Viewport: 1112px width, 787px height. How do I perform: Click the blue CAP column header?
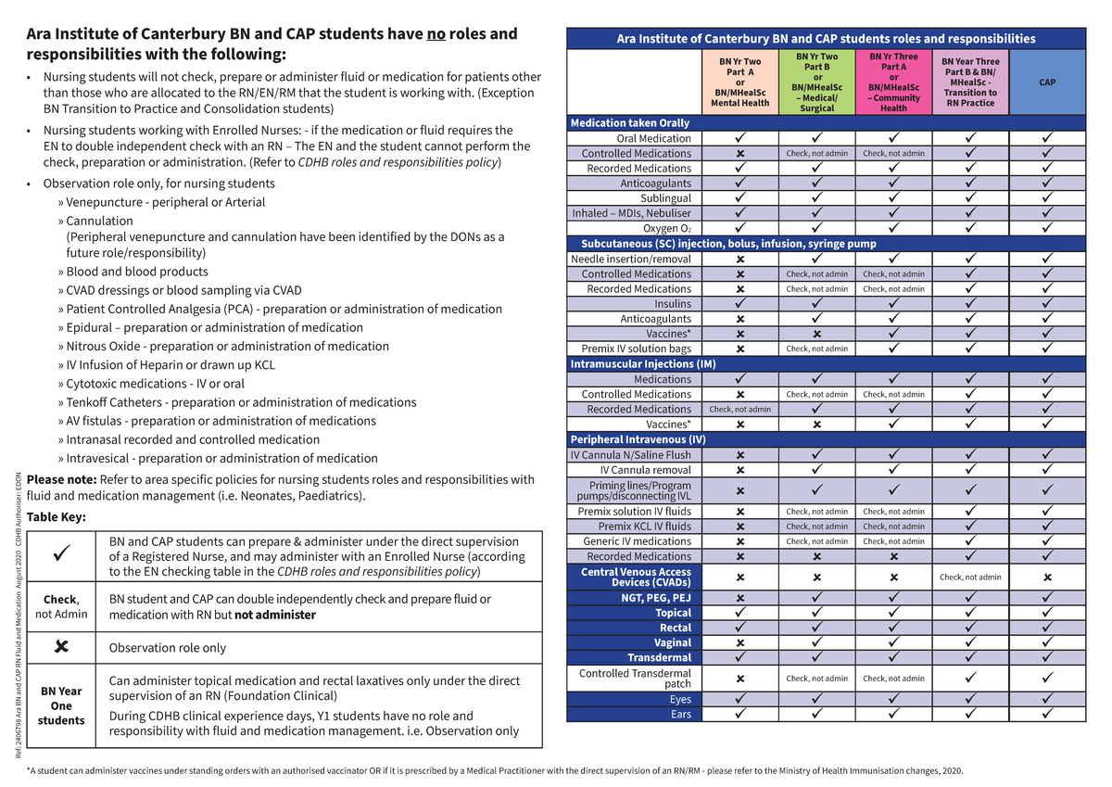click(1047, 82)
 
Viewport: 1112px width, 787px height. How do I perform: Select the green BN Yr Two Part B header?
click(816, 82)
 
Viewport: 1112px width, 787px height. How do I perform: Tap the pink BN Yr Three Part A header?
click(893, 82)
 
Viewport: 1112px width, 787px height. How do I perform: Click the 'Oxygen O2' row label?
click(667, 228)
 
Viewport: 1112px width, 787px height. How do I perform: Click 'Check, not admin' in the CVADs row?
click(970, 578)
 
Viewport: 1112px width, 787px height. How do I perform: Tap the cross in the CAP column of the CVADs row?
click(1047, 578)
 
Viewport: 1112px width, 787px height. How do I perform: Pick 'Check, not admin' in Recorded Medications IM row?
click(739, 409)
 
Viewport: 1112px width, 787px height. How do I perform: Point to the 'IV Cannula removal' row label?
click(646, 470)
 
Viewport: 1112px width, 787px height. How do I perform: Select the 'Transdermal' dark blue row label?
click(659, 657)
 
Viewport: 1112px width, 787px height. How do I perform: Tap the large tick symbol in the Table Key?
click(61, 557)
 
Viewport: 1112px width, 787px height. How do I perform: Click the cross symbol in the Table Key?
click(61, 647)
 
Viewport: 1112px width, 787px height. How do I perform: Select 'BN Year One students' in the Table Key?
click(61, 705)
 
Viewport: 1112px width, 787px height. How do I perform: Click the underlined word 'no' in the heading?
click(436, 34)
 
